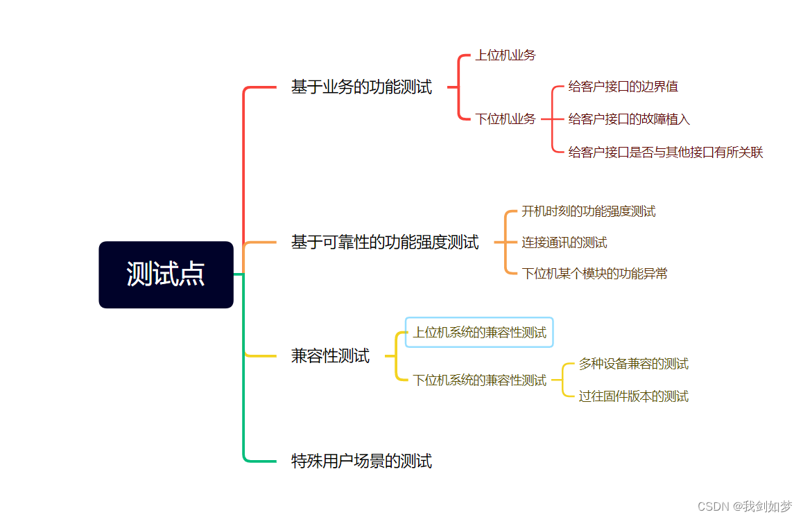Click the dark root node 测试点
pos(166,274)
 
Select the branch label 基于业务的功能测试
pos(361,87)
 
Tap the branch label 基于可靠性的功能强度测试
pos(385,243)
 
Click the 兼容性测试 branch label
pos(330,356)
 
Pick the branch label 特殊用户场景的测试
pos(361,461)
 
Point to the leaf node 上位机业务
pos(505,55)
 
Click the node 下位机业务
pos(505,119)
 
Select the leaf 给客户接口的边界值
pos(623,87)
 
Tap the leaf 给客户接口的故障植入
pos(629,119)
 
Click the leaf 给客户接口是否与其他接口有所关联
pos(666,152)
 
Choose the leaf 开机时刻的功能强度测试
pos(588,211)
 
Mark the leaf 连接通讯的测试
pos(564,243)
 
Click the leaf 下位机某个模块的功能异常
pos(594,274)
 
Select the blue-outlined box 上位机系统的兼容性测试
pos(479,333)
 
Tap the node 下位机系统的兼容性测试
pos(479,380)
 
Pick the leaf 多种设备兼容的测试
pos(633,364)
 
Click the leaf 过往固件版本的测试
pos(633,396)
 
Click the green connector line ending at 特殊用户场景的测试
pos(244,416)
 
